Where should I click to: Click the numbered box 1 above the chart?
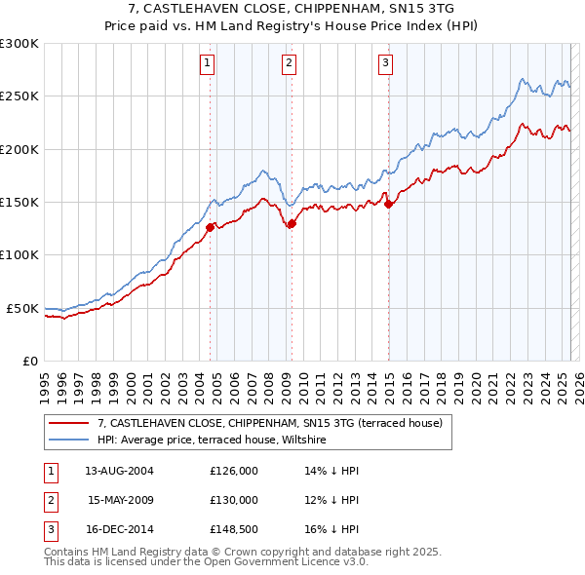tap(208, 64)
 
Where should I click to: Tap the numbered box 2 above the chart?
tap(290, 64)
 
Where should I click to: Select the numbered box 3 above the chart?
tap(385, 64)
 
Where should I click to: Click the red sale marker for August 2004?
tap(210, 227)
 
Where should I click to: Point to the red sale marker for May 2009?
tap(292, 223)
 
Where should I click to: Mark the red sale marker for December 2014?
tap(388, 204)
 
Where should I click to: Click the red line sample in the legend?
tap(69, 423)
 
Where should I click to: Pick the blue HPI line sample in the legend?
tap(69, 441)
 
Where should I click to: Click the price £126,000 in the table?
tap(234, 470)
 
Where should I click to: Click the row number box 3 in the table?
tap(50, 529)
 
